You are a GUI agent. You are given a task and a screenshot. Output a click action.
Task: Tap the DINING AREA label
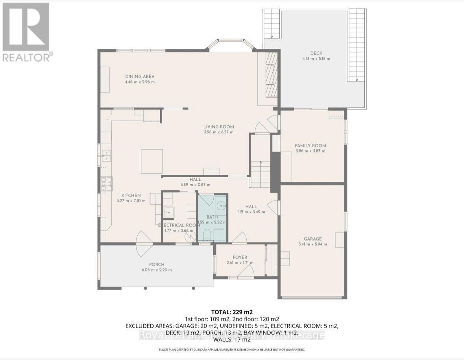[140, 76]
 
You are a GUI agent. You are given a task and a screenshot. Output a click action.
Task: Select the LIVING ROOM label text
[218, 127]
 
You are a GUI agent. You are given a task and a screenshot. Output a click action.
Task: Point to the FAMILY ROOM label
[310, 146]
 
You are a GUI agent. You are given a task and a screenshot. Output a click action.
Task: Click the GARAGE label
[312, 239]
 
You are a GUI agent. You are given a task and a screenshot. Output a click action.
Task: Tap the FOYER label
[240, 257]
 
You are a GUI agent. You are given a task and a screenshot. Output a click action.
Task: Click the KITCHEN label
[131, 195]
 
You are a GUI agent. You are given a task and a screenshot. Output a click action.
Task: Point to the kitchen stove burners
[107, 184]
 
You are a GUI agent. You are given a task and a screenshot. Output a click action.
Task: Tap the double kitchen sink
[105, 156]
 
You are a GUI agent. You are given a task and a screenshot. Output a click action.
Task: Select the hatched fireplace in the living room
[271, 75]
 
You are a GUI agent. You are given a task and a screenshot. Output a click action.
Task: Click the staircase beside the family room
[260, 173]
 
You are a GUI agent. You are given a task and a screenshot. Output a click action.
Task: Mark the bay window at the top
[231, 43]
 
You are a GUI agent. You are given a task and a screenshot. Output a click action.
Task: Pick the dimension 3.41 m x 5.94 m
[312, 244]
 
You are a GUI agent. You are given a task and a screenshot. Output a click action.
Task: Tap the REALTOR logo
[26, 32]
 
